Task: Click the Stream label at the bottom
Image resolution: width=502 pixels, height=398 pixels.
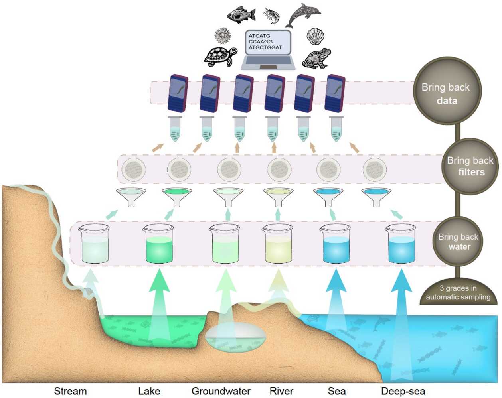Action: click(70, 391)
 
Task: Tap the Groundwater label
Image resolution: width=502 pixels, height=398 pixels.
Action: click(221, 391)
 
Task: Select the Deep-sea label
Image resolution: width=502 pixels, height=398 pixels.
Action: click(403, 391)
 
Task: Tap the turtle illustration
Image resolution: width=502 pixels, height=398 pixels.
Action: click(218, 56)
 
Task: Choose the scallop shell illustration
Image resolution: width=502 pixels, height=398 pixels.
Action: click(315, 36)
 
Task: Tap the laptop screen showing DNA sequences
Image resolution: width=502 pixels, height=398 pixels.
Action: click(267, 42)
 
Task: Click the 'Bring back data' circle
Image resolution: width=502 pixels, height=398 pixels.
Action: click(447, 91)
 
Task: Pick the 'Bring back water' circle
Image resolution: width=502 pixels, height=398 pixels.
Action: click(459, 242)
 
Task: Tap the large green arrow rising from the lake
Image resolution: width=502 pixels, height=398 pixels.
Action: click(159, 303)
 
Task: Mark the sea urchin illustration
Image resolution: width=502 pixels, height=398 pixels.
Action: click(222, 36)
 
